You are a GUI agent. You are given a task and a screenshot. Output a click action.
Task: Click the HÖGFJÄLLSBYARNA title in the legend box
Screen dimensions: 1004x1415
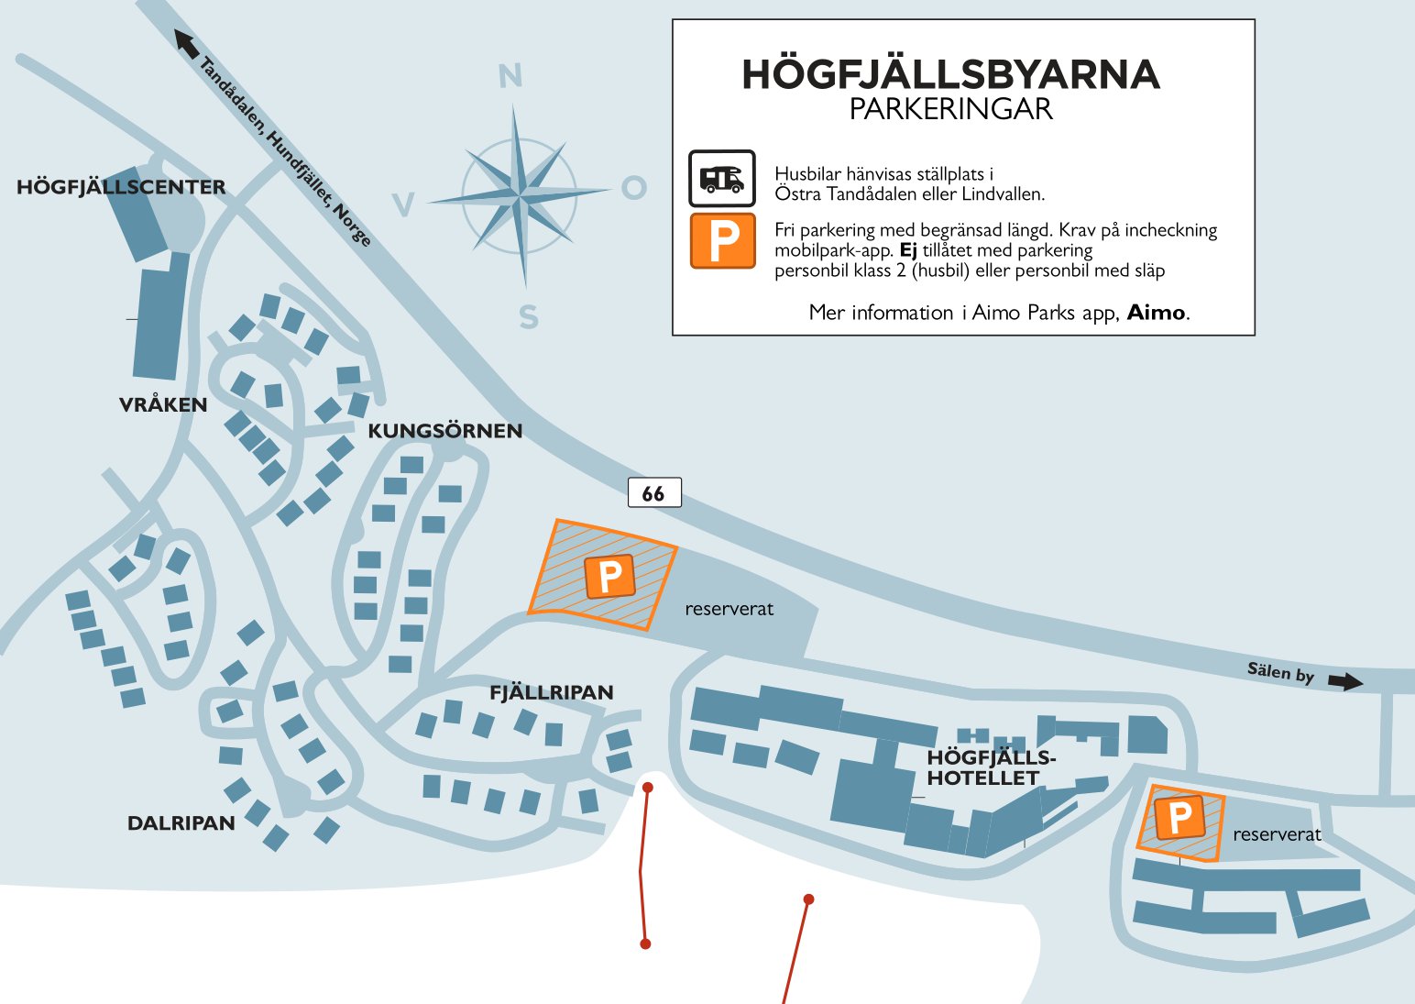tap(950, 74)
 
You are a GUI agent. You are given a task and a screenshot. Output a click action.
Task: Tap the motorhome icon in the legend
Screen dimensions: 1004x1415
tap(722, 178)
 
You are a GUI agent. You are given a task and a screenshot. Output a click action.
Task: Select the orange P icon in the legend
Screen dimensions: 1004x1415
tap(723, 241)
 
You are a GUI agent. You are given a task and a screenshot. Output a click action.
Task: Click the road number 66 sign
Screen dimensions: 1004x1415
tap(653, 493)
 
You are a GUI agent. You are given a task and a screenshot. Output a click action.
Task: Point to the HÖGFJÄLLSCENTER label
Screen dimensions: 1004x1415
tap(121, 187)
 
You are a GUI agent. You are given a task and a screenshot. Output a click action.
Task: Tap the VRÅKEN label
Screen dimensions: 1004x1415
tap(163, 404)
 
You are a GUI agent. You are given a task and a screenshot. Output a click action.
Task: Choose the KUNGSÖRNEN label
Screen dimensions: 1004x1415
tap(444, 431)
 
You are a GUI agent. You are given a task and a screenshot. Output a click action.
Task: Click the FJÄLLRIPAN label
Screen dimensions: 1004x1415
tap(551, 692)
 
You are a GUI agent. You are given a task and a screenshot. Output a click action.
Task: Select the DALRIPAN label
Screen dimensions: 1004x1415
tap(181, 823)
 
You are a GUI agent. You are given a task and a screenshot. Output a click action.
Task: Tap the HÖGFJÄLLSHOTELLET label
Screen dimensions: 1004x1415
tap(990, 767)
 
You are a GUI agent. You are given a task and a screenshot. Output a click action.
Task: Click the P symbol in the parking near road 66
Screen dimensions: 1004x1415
tap(609, 577)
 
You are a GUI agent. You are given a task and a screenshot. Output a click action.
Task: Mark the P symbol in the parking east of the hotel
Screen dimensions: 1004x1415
tap(1179, 817)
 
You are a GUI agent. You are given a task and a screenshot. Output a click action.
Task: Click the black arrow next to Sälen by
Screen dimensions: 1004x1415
tap(1345, 681)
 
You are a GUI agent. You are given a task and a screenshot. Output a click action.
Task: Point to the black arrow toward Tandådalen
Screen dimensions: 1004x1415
tap(186, 43)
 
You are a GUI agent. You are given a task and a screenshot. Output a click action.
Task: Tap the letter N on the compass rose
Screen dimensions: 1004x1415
tap(510, 76)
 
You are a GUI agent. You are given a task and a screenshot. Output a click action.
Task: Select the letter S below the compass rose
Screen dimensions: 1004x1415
tap(529, 317)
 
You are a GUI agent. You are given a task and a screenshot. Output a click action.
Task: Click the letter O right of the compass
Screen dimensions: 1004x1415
tap(634, 188)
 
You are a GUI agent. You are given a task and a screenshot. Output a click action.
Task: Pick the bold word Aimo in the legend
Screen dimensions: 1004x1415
tap(1156, 313)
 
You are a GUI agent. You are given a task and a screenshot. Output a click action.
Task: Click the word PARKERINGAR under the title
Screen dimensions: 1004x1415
tap(950, 109)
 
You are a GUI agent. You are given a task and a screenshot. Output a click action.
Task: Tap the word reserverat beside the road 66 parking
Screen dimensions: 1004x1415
tap(729, 609)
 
